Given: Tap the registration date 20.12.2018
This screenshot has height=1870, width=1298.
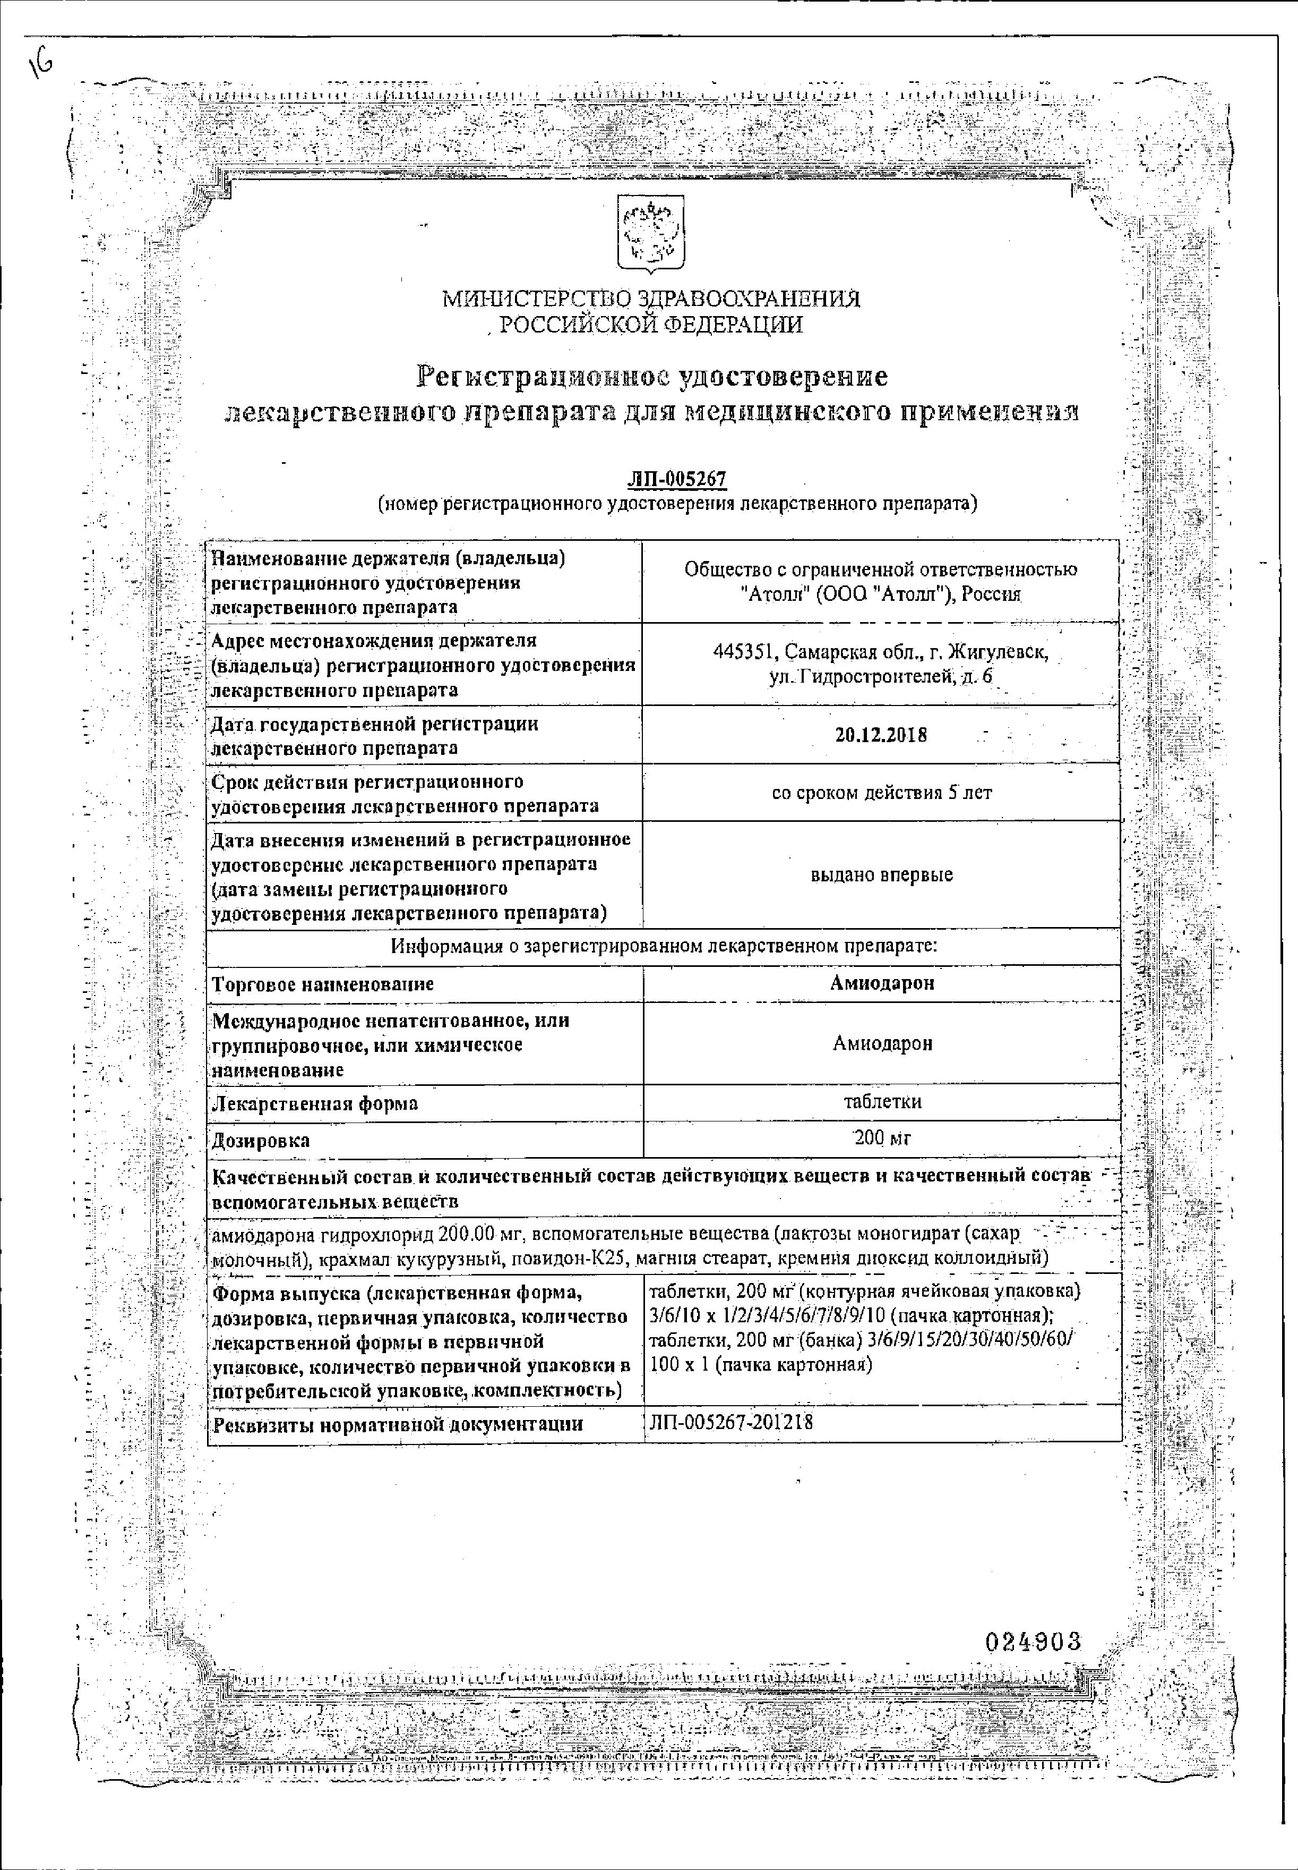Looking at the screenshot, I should pos(881,735).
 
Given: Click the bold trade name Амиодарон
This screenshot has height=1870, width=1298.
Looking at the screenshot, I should pos(882,983).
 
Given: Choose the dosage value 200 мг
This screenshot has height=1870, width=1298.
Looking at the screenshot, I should pos(882,1138).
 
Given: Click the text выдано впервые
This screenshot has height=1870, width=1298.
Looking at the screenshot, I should pos(882,875).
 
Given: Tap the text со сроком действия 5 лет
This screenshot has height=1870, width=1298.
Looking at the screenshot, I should pos(882,793).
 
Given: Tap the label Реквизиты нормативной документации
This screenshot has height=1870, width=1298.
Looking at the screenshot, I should pos(397,1424).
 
